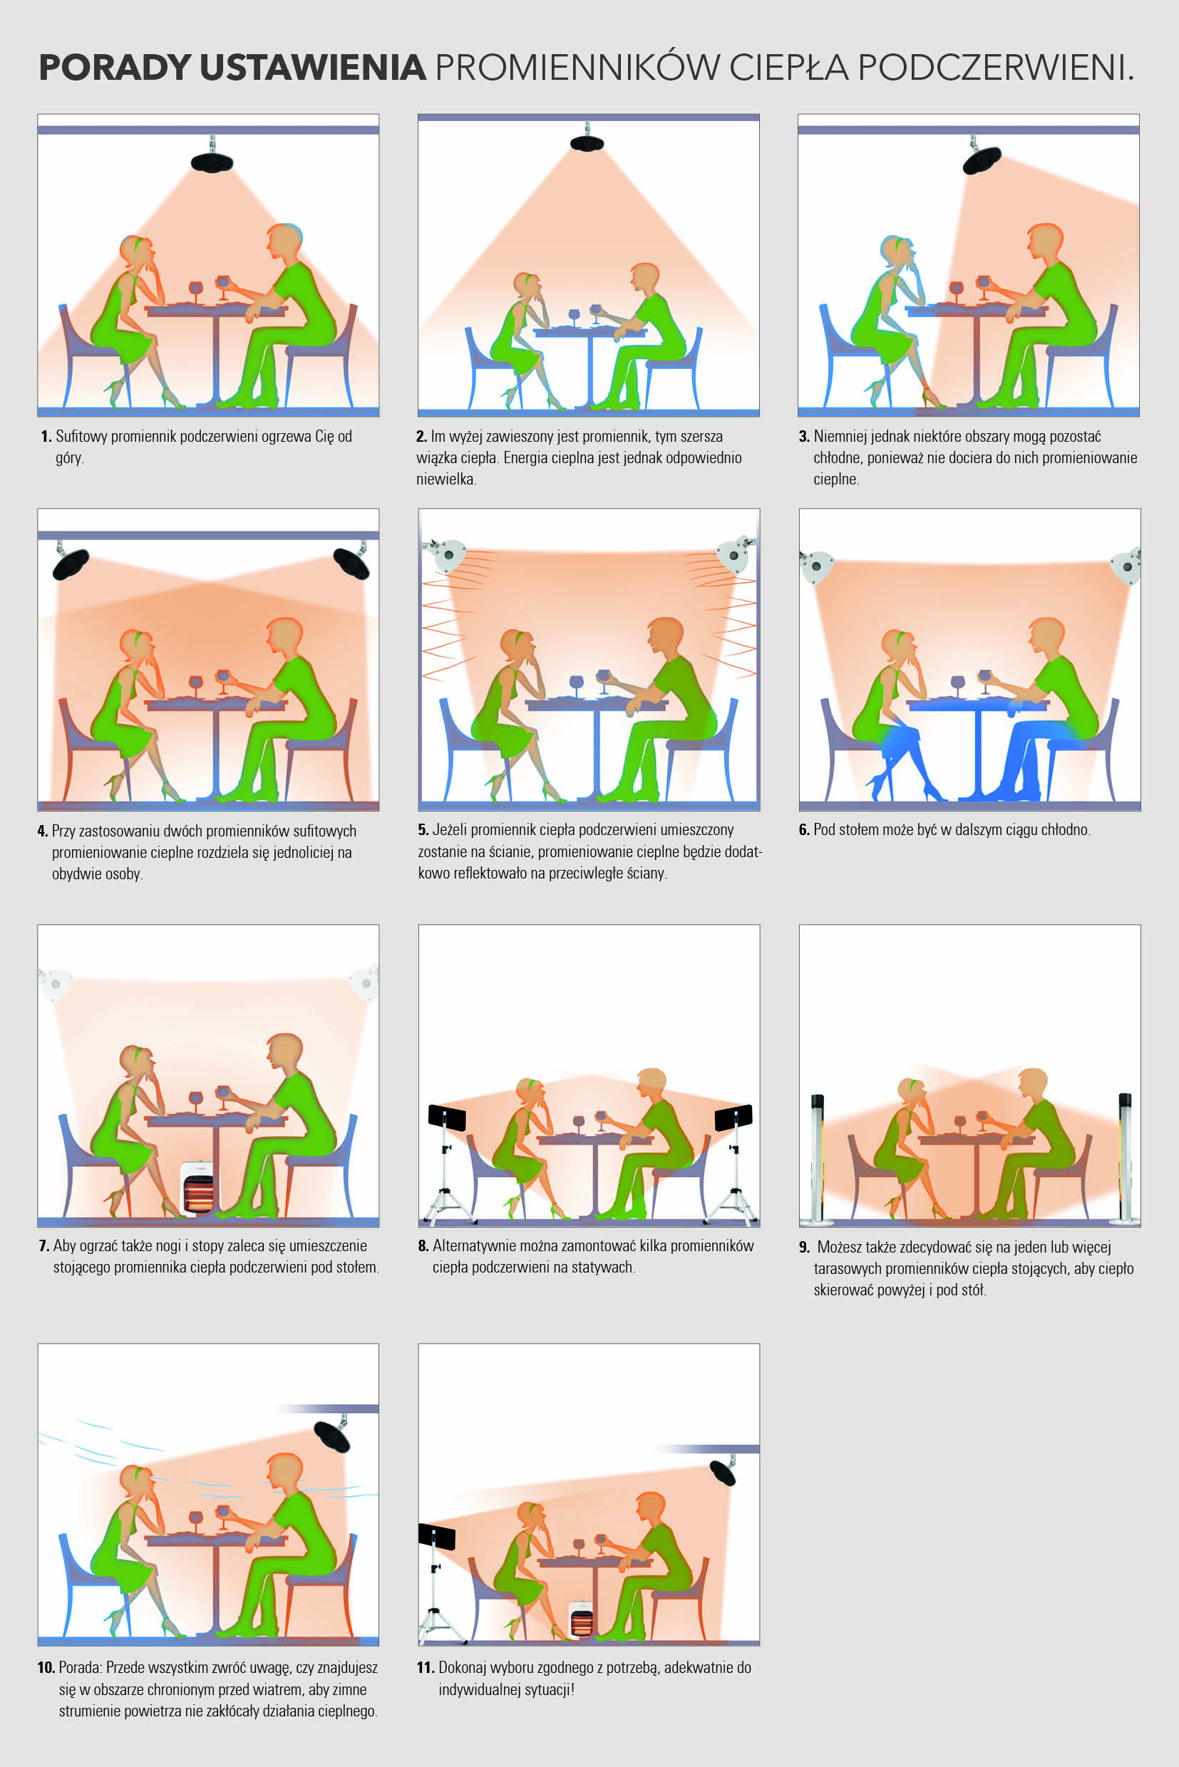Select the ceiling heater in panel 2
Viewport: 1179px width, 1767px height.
tap(587, 142)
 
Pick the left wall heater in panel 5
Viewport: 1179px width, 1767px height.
tap(445, 554)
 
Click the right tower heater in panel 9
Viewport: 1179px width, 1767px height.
tap(1125, 1158)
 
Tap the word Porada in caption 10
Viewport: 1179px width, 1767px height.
tap(80, 1667)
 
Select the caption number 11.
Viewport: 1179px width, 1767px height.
tap(426, 1668)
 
